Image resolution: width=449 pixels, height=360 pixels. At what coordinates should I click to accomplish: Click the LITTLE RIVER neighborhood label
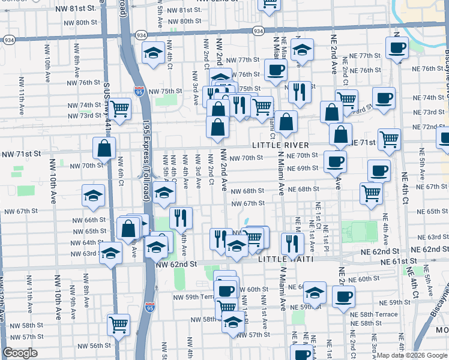click(280, 145)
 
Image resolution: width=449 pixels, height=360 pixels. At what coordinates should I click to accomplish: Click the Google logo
click(20, 353)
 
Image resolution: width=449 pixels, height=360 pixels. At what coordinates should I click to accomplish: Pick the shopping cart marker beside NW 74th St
click(120, 109)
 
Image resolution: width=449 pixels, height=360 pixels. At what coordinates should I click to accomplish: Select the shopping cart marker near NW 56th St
click(118, 324)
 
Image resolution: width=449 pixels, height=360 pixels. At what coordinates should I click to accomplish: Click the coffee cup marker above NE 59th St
click(343, 295)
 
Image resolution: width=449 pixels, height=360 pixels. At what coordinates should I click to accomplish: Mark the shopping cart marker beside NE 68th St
click(372, 193)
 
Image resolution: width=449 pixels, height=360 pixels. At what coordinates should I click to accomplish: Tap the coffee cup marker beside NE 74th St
click(384, 97)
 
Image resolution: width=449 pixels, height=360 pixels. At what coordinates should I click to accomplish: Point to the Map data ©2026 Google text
click(412, 355)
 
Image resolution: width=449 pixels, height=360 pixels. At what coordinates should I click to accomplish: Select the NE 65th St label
click(427, 211)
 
